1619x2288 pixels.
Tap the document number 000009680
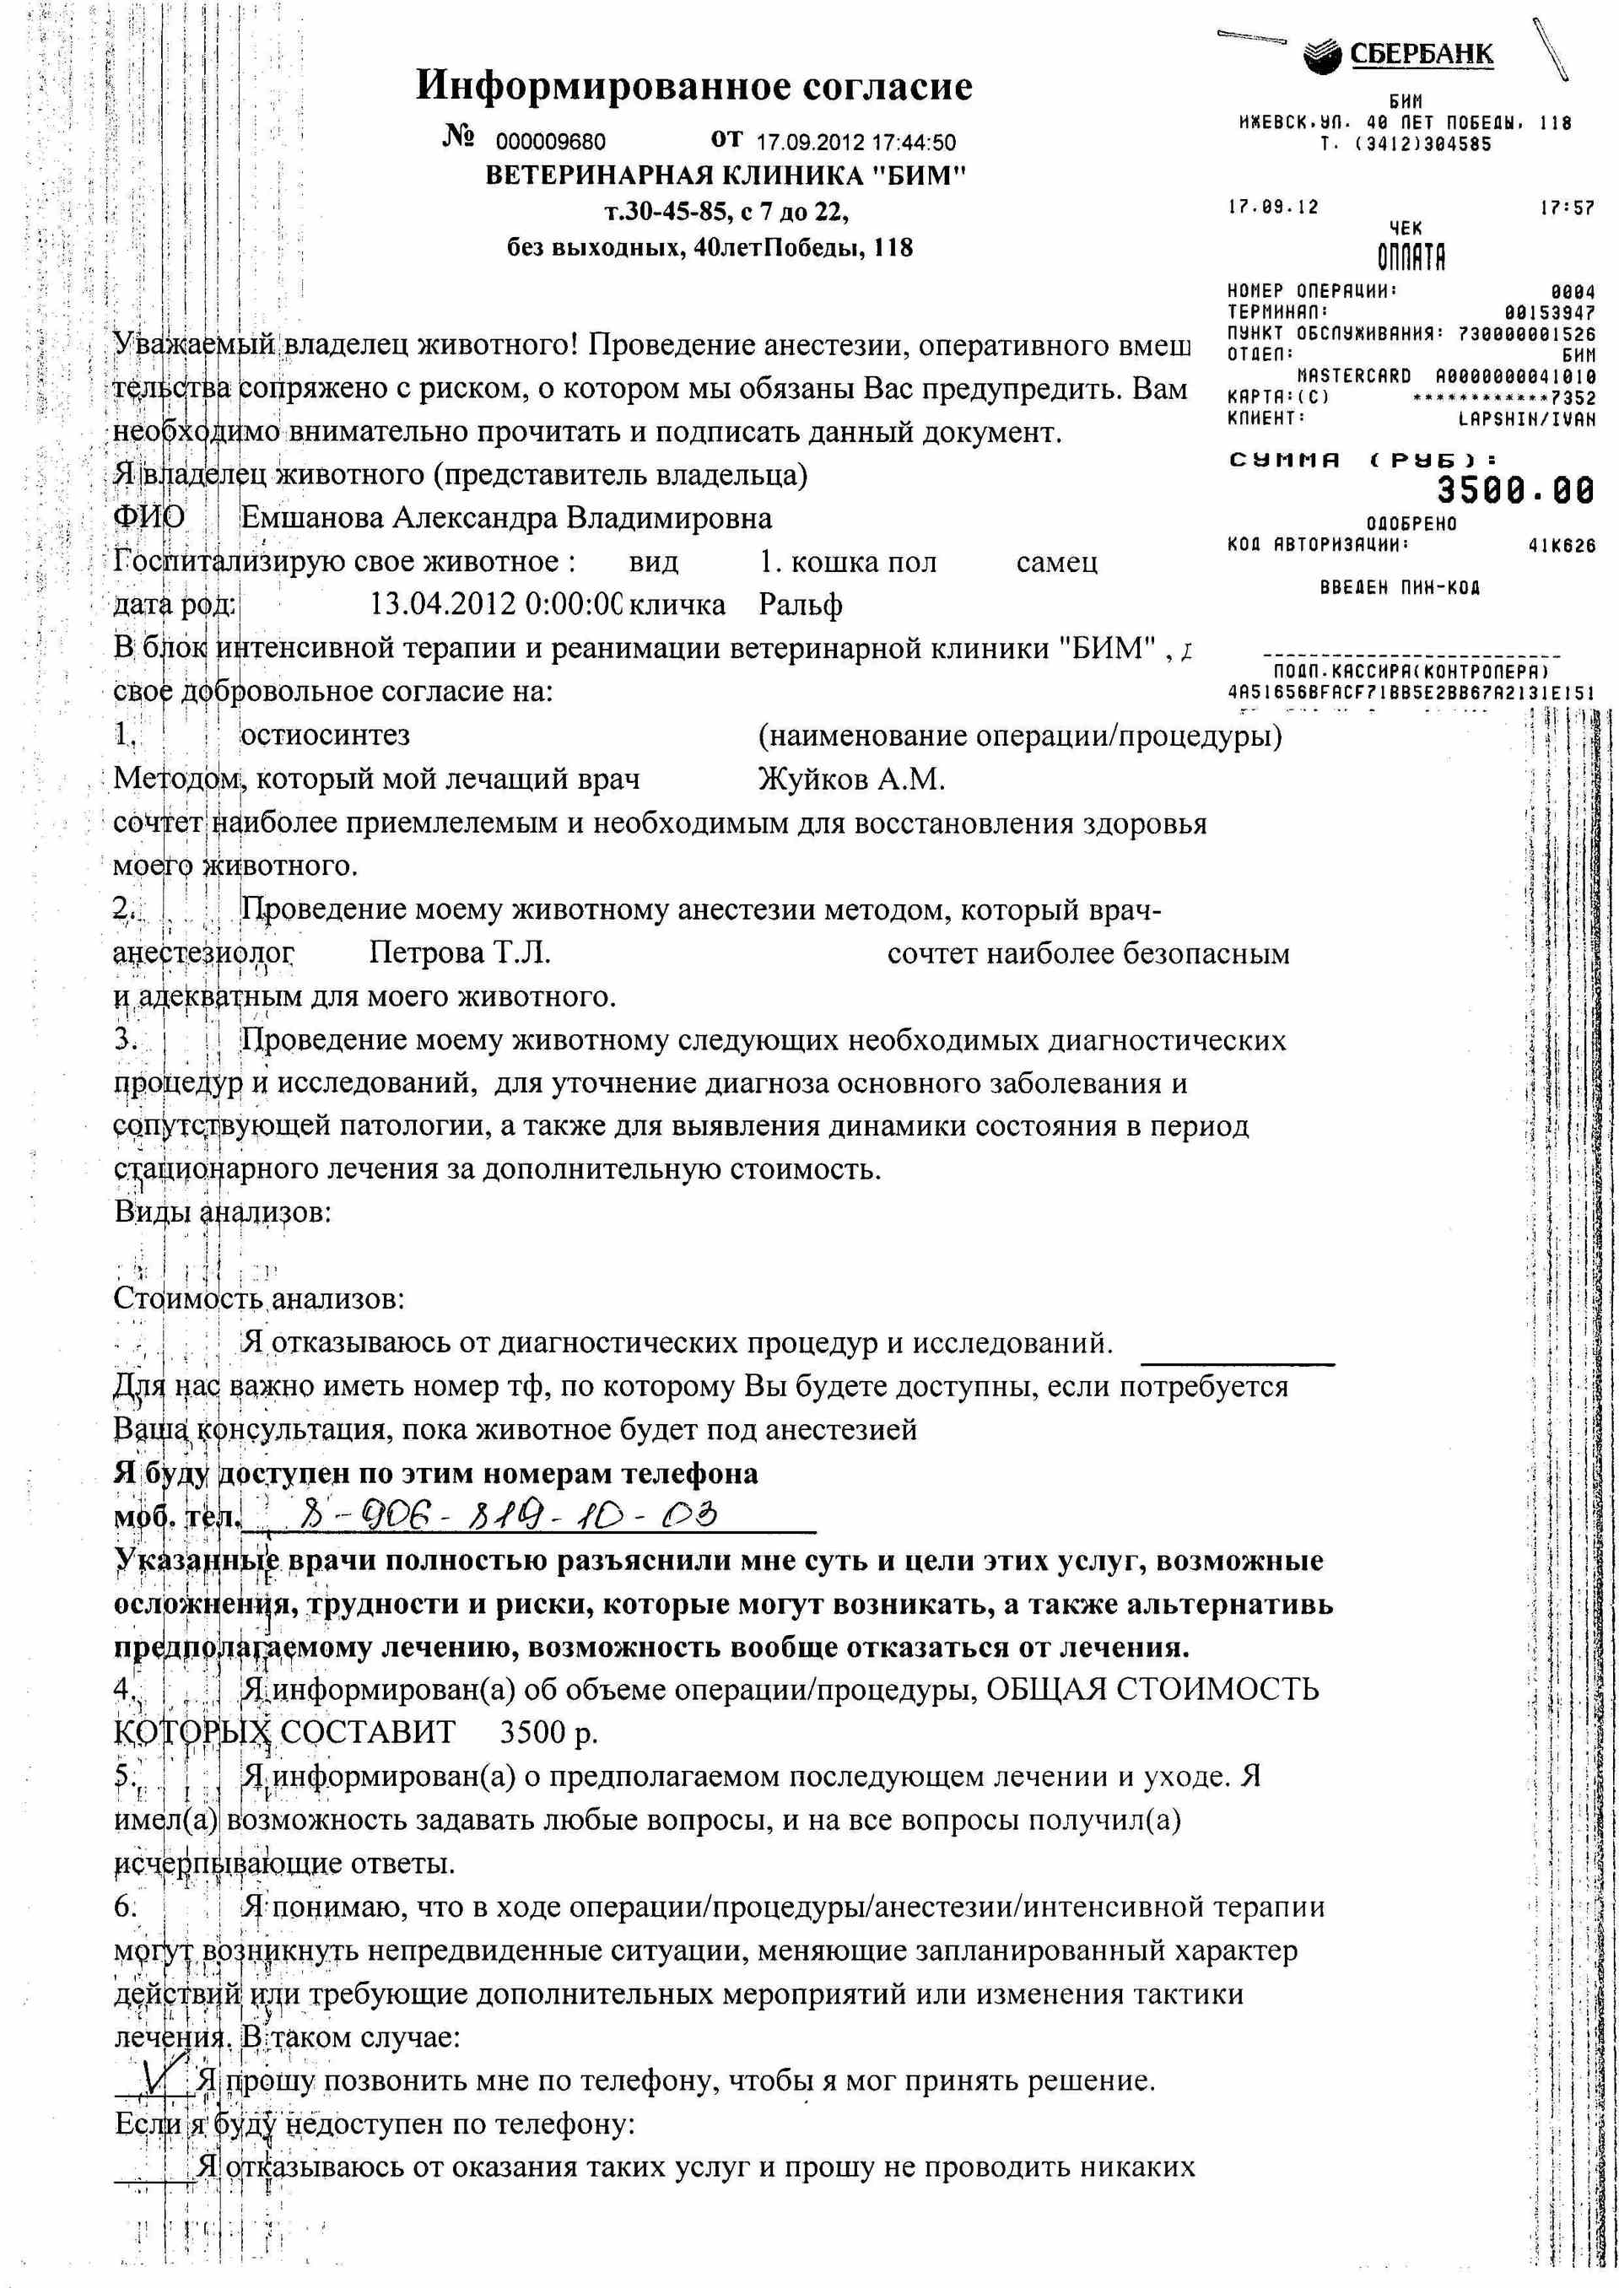coord(550,143)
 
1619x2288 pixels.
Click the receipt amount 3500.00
coord(1515,490)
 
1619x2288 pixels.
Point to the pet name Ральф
coord(801,605)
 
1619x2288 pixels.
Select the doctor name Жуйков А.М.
coord(851,779)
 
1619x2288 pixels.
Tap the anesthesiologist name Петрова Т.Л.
coord(460,953)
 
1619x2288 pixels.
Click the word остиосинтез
coord(325,736)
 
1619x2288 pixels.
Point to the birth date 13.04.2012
coord(443,605)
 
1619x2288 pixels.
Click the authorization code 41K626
coord(1561,545)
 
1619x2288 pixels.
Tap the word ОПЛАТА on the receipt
coord(1411,258)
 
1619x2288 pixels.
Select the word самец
coord(1057,562)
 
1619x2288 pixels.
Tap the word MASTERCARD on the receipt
coord(1354,376)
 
